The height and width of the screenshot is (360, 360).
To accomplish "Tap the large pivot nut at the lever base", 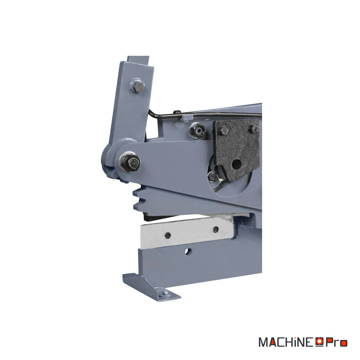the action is (x=130, y=162).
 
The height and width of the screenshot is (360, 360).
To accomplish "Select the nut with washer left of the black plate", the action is (x=198, y=131).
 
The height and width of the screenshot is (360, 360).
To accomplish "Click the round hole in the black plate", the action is (x=236, y=163).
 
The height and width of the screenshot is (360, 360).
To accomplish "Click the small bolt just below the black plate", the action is (x=212, y=176).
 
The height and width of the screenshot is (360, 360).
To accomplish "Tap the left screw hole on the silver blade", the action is (x=168, y=235).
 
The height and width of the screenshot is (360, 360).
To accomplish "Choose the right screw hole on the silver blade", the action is (x=216, y=229).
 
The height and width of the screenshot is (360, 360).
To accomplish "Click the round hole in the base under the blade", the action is (x=189, y=252).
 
